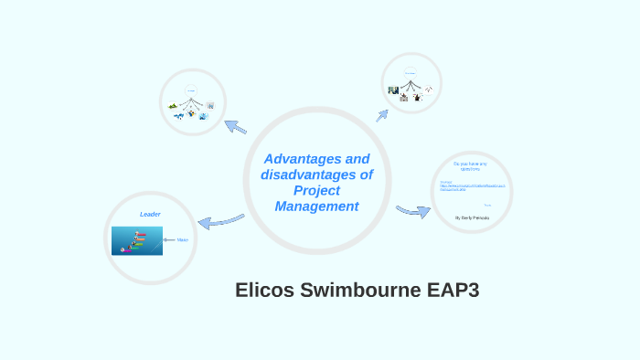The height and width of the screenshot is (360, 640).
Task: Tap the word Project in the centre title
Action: [316, 190]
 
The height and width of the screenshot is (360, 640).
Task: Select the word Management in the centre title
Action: [316, 206]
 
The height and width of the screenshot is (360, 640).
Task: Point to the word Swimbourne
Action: [364, 291]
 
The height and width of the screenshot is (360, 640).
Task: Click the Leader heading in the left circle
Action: [150, 214]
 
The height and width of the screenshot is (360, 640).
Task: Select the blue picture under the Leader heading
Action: [137, 241]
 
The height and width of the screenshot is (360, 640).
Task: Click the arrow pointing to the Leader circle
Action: [220, 221]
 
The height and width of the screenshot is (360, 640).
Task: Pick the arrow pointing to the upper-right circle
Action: [382, 115]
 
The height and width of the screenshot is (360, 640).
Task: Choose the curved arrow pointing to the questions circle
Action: [413, 212]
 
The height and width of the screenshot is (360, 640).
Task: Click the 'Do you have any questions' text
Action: [471, 165]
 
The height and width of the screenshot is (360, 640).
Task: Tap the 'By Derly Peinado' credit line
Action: [472, 218]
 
